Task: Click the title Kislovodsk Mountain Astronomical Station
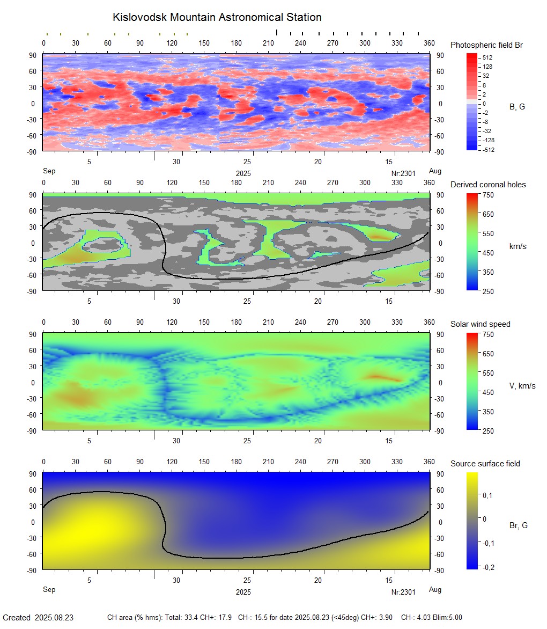217,17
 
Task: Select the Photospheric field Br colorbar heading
486,45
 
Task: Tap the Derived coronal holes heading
488,185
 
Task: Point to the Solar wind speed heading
481,324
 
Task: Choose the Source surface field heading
485,464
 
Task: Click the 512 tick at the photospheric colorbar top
487,57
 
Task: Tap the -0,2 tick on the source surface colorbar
487,567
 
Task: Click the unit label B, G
517,107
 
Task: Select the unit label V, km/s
522,386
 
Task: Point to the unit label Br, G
518,525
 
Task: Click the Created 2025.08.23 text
38,618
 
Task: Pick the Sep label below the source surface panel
49,590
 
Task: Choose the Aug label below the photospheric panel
435,171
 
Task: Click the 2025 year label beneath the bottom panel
243,593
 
